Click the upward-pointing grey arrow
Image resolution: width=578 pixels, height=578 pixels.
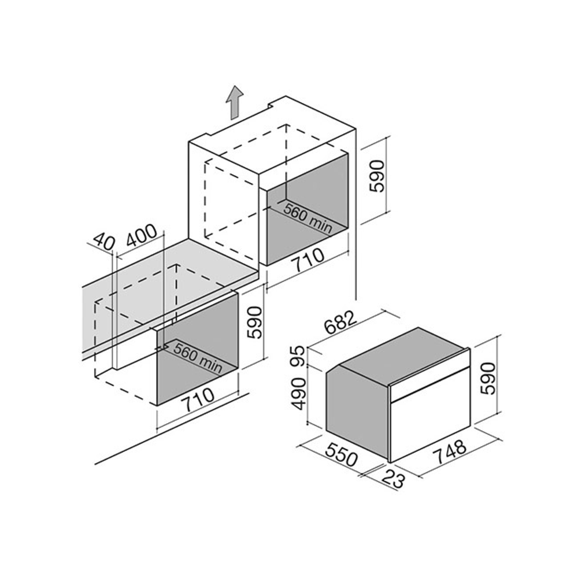(x=235, y=102)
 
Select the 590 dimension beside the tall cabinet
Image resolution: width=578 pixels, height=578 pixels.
(x=377, y=176)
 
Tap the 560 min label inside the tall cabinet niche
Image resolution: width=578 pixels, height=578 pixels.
(x=308, y=218)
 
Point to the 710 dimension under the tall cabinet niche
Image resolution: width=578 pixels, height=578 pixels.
(x=308, y=260)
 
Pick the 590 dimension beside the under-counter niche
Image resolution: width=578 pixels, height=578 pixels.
(x=255, y=322)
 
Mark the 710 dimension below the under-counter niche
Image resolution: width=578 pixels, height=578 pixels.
(x=199, y=399)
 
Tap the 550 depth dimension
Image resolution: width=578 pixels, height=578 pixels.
(x=342, y=453)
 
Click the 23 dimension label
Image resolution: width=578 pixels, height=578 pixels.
(x=393, y=479)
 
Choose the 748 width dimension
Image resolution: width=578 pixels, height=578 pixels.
(x=451, y=453)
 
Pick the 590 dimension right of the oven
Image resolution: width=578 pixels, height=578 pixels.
(x=488, y=378)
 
